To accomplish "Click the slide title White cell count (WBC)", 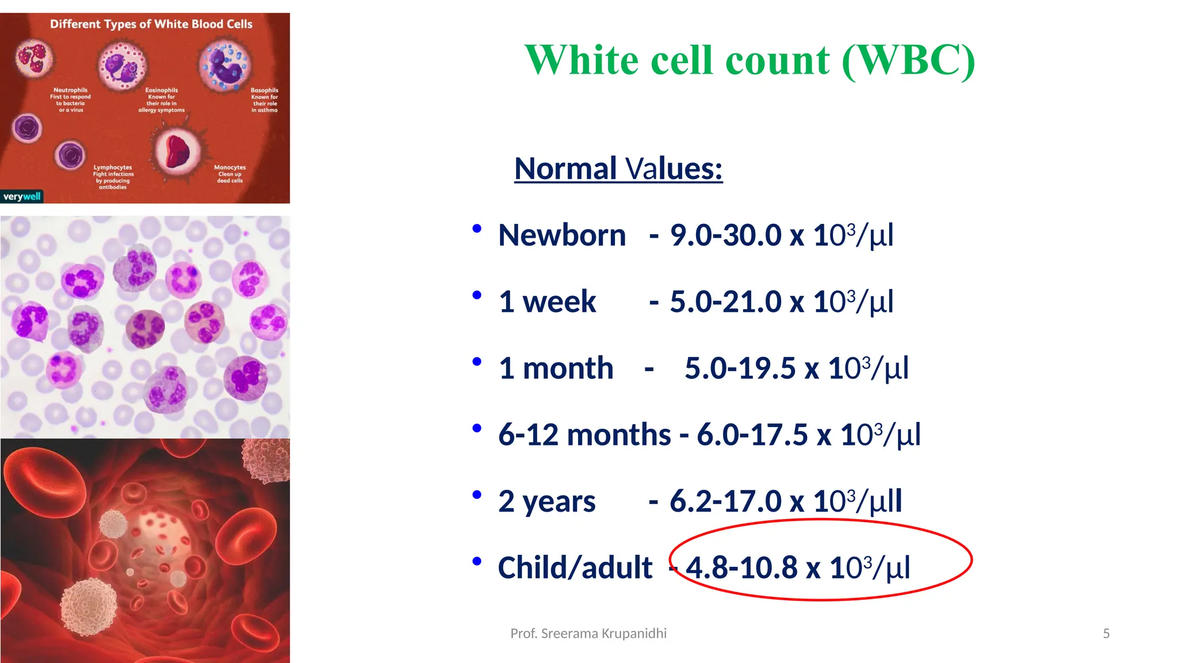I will tap(749, 60).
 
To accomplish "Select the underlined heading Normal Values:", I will tap(618, 169).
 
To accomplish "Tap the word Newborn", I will tap(561, 235).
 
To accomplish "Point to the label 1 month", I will tap(556, 368).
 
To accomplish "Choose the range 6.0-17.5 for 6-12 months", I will tap(752, 435).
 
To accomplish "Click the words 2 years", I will tap(546, 501).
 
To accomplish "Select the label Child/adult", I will tap(575, 568).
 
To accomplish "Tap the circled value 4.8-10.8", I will tap(741, 568).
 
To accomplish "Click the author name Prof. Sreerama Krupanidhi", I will tap(588, 634).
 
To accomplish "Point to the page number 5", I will tap(1106, 634).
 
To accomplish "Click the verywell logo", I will tap(22, 197).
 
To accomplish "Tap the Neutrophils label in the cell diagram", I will tap(70, 90).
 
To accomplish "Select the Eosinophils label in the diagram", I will tap(162, 90).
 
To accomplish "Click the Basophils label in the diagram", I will tap(264, 90).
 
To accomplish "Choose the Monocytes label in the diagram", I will tap(230, 167).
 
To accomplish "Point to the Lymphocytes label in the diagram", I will tap(113, 167).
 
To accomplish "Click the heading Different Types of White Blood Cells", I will tap(151, 24).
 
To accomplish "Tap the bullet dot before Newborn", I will tap(476, 229).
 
